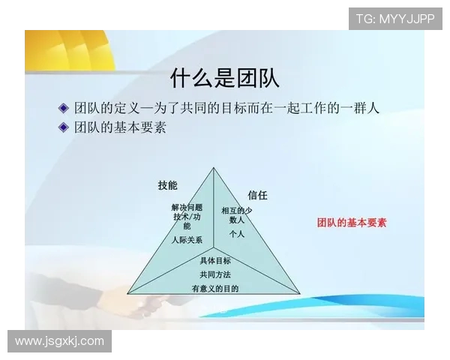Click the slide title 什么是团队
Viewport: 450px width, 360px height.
coord(225,77)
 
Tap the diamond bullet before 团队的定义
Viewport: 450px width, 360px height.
coord(64,108)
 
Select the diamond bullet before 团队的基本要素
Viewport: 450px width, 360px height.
coord(64,127)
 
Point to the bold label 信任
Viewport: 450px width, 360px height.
coord(257,195)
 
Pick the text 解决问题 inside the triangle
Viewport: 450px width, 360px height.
coord(187,207)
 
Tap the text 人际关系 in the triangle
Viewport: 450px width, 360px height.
coord(186,240)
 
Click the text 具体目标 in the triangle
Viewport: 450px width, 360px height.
coord(215,261)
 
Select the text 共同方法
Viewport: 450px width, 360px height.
coord(215,274)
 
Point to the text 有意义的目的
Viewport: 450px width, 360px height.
coord(215,288)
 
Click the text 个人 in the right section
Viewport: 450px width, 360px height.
coord(237,234)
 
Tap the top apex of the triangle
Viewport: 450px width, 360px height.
coord(213,167)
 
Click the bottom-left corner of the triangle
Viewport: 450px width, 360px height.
coord(127,293)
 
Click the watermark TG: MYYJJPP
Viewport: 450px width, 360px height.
coord(394,19)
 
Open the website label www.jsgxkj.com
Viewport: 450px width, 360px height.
coord(60,341)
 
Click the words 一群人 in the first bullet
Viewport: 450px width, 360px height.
coord(359,108)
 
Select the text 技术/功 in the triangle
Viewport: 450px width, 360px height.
coord(187,216)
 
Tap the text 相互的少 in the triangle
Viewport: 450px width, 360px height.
coord(237,211)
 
